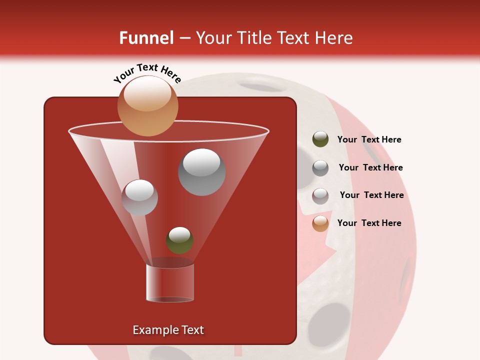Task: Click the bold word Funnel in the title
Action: coord(146,38)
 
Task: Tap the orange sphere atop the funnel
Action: coord(147,106)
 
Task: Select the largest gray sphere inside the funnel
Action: coord(201,172)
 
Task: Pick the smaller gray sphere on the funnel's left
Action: coord(139,197)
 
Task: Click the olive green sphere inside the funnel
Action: coord(179,240)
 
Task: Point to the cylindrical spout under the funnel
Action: coord(170,283)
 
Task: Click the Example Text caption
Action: coord(168,330)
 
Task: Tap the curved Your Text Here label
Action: coord(147,73)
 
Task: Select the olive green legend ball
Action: coord(320,139)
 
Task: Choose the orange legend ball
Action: coord(320,223)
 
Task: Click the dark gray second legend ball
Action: coord(320,168)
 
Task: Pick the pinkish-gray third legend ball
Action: coord(320,196)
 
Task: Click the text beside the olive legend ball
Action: coord(369,139)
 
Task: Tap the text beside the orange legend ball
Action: coord(369,223)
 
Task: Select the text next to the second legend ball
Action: coord(370,167)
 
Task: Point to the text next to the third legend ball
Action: coord(371,195)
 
